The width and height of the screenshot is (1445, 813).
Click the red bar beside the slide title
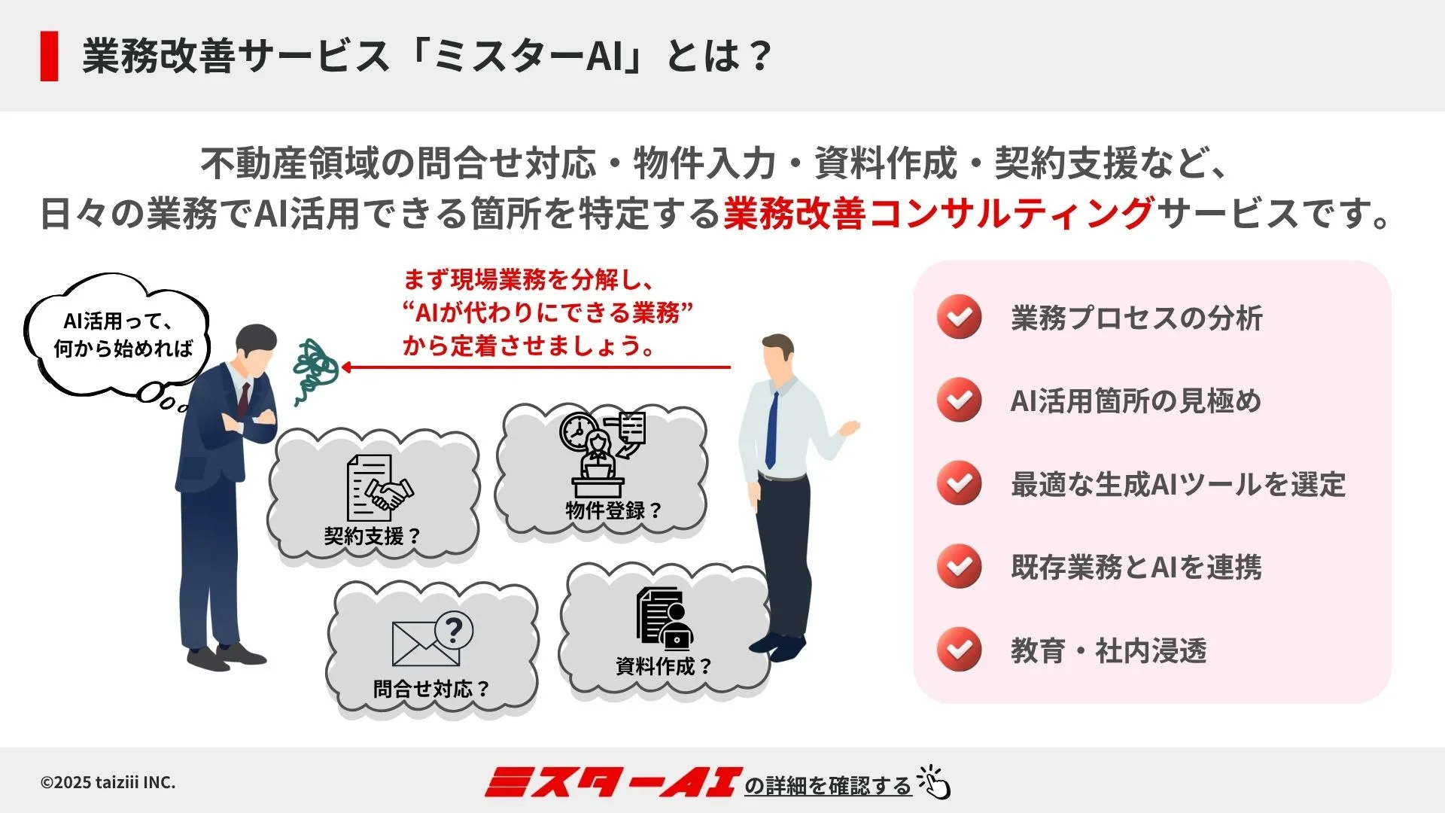[50, 56]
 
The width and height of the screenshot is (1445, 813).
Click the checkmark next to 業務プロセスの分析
[959, 317]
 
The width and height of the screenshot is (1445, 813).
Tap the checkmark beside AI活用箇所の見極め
[959, 400]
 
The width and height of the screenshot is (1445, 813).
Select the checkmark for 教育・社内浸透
[959, 649]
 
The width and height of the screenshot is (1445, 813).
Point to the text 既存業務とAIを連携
[1136, 567]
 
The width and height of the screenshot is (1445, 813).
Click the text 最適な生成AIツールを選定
[1178, 484]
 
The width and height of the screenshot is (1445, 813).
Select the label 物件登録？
[613, 511]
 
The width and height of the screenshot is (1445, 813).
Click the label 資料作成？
[663, 666]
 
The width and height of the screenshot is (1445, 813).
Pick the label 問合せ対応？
[431, 689]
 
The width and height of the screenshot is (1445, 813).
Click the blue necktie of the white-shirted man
[771, 429]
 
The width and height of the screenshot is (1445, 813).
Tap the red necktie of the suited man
[244, 400]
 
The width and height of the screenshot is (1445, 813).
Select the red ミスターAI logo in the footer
[610, 783]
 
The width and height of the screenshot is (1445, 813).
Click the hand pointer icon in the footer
[934, 782]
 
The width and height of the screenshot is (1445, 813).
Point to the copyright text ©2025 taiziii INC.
[108, 783]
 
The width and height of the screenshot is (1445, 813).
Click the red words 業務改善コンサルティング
[938, 214]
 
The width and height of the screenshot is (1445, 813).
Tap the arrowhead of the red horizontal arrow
[347, 367]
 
